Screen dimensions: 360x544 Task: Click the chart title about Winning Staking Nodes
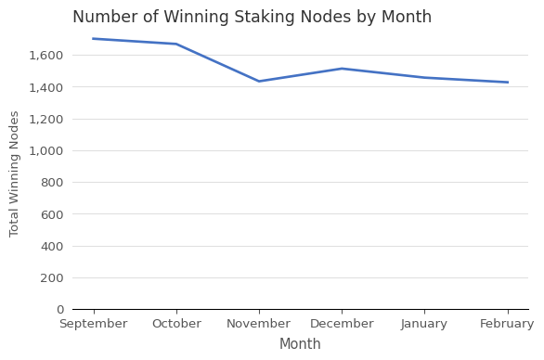point(252,18)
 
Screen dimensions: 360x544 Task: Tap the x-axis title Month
point(300,344)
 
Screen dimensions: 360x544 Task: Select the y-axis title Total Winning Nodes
point(15,174)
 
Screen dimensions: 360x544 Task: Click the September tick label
point(93,324)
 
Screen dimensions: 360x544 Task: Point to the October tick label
point(176,324)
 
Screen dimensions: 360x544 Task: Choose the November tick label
point(259,324)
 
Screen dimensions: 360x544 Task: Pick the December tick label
point(342,324)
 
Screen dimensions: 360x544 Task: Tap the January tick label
point(424,324)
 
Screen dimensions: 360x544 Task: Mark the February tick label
point(507,324)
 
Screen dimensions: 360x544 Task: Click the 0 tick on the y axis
point(59,310)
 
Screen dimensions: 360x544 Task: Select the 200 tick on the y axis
point(52,278)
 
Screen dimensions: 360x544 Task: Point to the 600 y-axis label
point(52,214)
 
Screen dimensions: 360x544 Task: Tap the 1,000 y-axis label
point(47,151)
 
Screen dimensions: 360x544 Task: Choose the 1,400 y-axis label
point(47,87)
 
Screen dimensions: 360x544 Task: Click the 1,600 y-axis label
point(47,56)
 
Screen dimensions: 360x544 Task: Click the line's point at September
point(94,39)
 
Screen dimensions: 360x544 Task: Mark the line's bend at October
point(176,44)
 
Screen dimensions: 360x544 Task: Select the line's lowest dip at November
point(259,82)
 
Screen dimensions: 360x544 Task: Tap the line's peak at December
point(342,69)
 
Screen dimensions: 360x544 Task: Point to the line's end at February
point(507,83)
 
